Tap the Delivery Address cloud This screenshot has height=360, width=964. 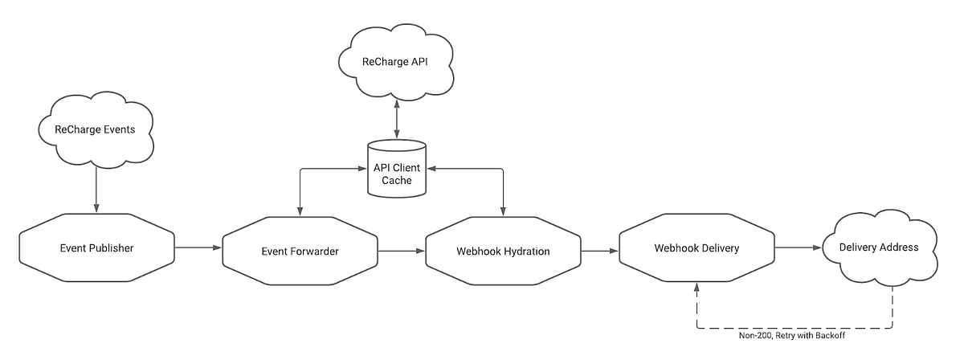point(880,247)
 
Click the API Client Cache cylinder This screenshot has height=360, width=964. point(397,170)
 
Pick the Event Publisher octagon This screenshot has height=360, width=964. point(96,247)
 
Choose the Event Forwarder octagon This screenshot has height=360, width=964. point(300,252)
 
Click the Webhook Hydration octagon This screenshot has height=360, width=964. point(504,252)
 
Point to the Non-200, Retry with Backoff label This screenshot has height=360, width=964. point(792,336)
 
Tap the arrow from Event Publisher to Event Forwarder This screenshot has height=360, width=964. point(198,247)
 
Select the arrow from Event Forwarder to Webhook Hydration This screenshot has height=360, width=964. point(402,252)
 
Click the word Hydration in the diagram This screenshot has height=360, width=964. point(525,252)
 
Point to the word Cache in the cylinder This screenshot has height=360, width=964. point(397,181)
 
